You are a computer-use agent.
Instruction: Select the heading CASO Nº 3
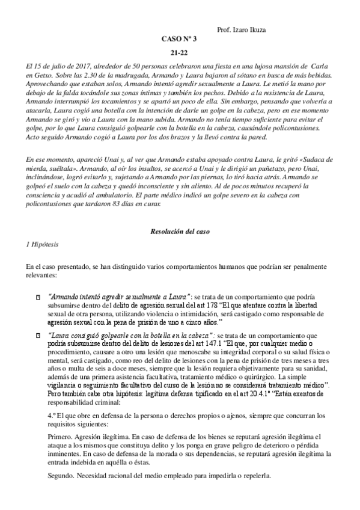(x=180, y=39)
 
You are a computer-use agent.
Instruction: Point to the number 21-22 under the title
(x=180, y=53)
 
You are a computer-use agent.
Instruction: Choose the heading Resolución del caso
(x=180, y=232)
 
